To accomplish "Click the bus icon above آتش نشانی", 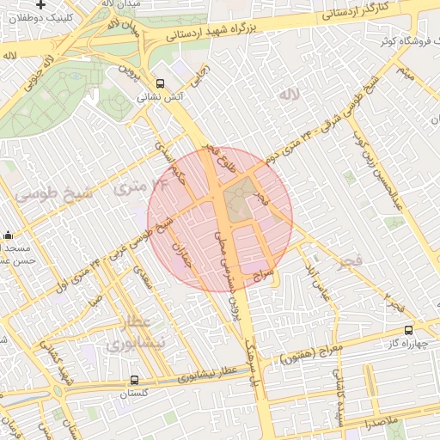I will coord(161,84).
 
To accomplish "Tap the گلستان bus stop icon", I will coord(135,380).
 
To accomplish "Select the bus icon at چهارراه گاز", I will coord(408,329).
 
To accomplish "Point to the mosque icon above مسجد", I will coord(8,235).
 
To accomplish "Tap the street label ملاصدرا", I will coord(377,424).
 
